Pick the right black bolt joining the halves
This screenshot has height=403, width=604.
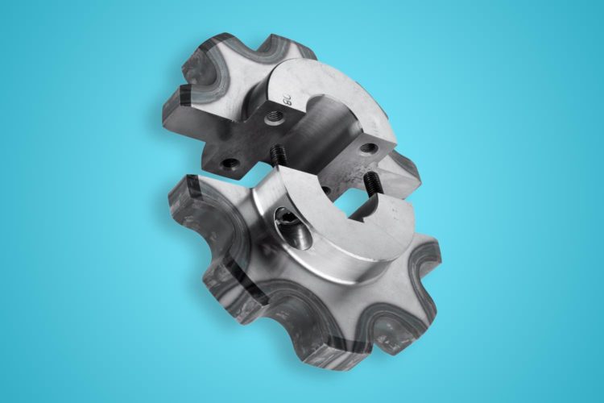point(374,182)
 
